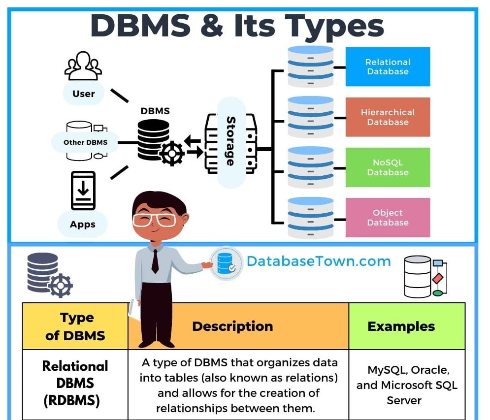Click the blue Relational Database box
pyautogui.click(x=388, y=67)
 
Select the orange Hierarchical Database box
pyautogui.click(x=388, y=117)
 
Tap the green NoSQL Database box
pyautogui.click(x=388, y=167)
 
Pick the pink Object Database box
pyautogui.click(x=388, y=218)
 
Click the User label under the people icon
pyautogui.click(x=83, y=94)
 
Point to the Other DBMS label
pyautogui.click(x=85, y=142)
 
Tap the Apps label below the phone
pyautogui.click(x=82, y=224)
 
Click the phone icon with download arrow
pyautogui.click(x=83, y=191)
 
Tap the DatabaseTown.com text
pyautogui.click(x=319, y=261)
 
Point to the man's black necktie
pyautogui.click(x=155, y=261)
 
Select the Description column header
pyautogui.click(x=232, y=326)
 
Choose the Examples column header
pyautogui.click(x=401, y=326)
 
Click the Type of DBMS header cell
pyautogui.click(x=75, y=326)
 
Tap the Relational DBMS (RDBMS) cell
pyautogui.click(x=75, y=384)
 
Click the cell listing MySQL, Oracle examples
pyautogui.click(x=407, y=385)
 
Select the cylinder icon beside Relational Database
pyautogui.click(x=310, y=67)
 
